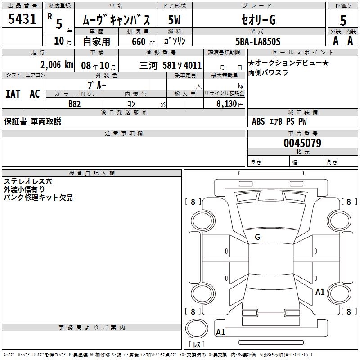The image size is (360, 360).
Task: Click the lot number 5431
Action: [22, 18]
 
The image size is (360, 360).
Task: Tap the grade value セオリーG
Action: [257, 20]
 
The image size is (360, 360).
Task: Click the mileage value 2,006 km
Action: [57, 65]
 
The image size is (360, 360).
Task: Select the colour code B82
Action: [74, 103]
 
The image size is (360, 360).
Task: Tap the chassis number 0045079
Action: [302, 143]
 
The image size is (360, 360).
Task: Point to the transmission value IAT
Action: [13, 94]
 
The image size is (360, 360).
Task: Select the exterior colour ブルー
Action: [97, 85]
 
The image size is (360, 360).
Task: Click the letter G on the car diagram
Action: [257, 237]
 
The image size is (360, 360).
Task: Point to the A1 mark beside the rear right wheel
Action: [320, 292]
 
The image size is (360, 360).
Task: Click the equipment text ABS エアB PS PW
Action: [279, 121]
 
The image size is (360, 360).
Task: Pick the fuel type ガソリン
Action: [175, 41]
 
